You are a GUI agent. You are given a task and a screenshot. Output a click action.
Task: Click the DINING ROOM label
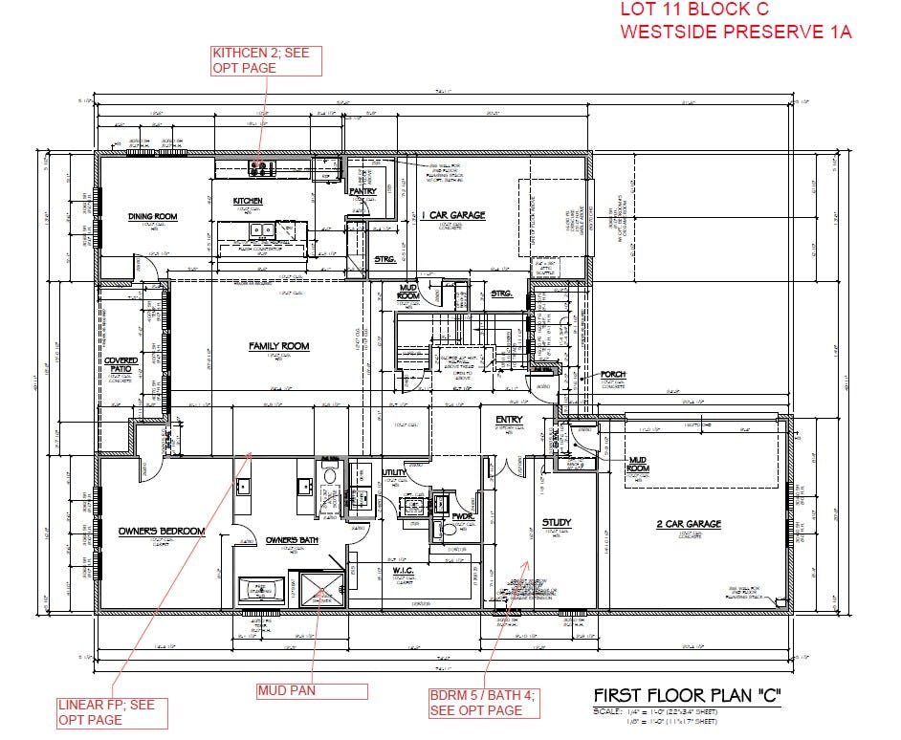click(153, 217)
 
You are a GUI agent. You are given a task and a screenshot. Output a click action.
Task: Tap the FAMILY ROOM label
click(278, 346)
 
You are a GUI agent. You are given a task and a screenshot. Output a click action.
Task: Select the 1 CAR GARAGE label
click(454, 215)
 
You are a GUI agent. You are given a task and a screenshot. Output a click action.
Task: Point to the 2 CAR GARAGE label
click(689, 524)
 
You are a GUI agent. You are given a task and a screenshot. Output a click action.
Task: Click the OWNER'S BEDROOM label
click(162, 531)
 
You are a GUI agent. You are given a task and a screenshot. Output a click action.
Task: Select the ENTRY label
click(508, 421)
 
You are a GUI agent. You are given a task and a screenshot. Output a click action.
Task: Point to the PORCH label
click(613, 374)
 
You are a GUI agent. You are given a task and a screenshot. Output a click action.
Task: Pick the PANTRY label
click(363, 191)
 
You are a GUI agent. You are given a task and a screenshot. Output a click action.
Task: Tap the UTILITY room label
click(394, 472)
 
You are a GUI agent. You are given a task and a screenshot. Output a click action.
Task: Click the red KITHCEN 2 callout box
click(267, 59)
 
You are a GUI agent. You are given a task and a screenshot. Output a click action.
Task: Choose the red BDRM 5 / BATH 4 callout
click(484, 704)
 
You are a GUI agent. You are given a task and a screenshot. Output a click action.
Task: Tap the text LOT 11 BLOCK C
click(695, 11)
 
